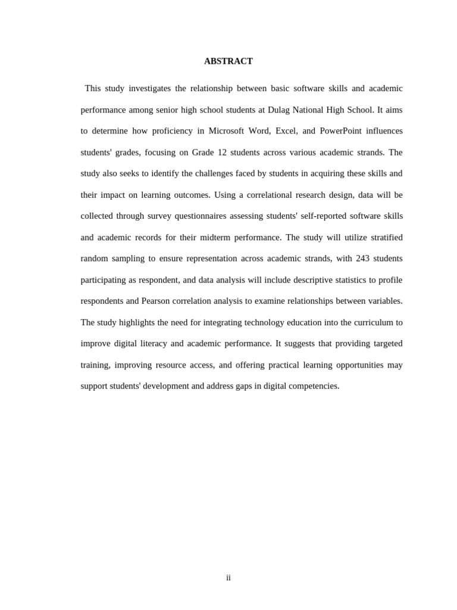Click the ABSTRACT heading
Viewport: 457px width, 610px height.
228,61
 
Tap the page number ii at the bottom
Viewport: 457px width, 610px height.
228,578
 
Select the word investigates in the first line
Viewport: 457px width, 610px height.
149,89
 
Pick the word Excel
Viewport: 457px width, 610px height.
286,131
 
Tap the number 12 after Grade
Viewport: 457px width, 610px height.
222,152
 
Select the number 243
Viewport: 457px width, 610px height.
362,259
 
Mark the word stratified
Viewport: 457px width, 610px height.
387,238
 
